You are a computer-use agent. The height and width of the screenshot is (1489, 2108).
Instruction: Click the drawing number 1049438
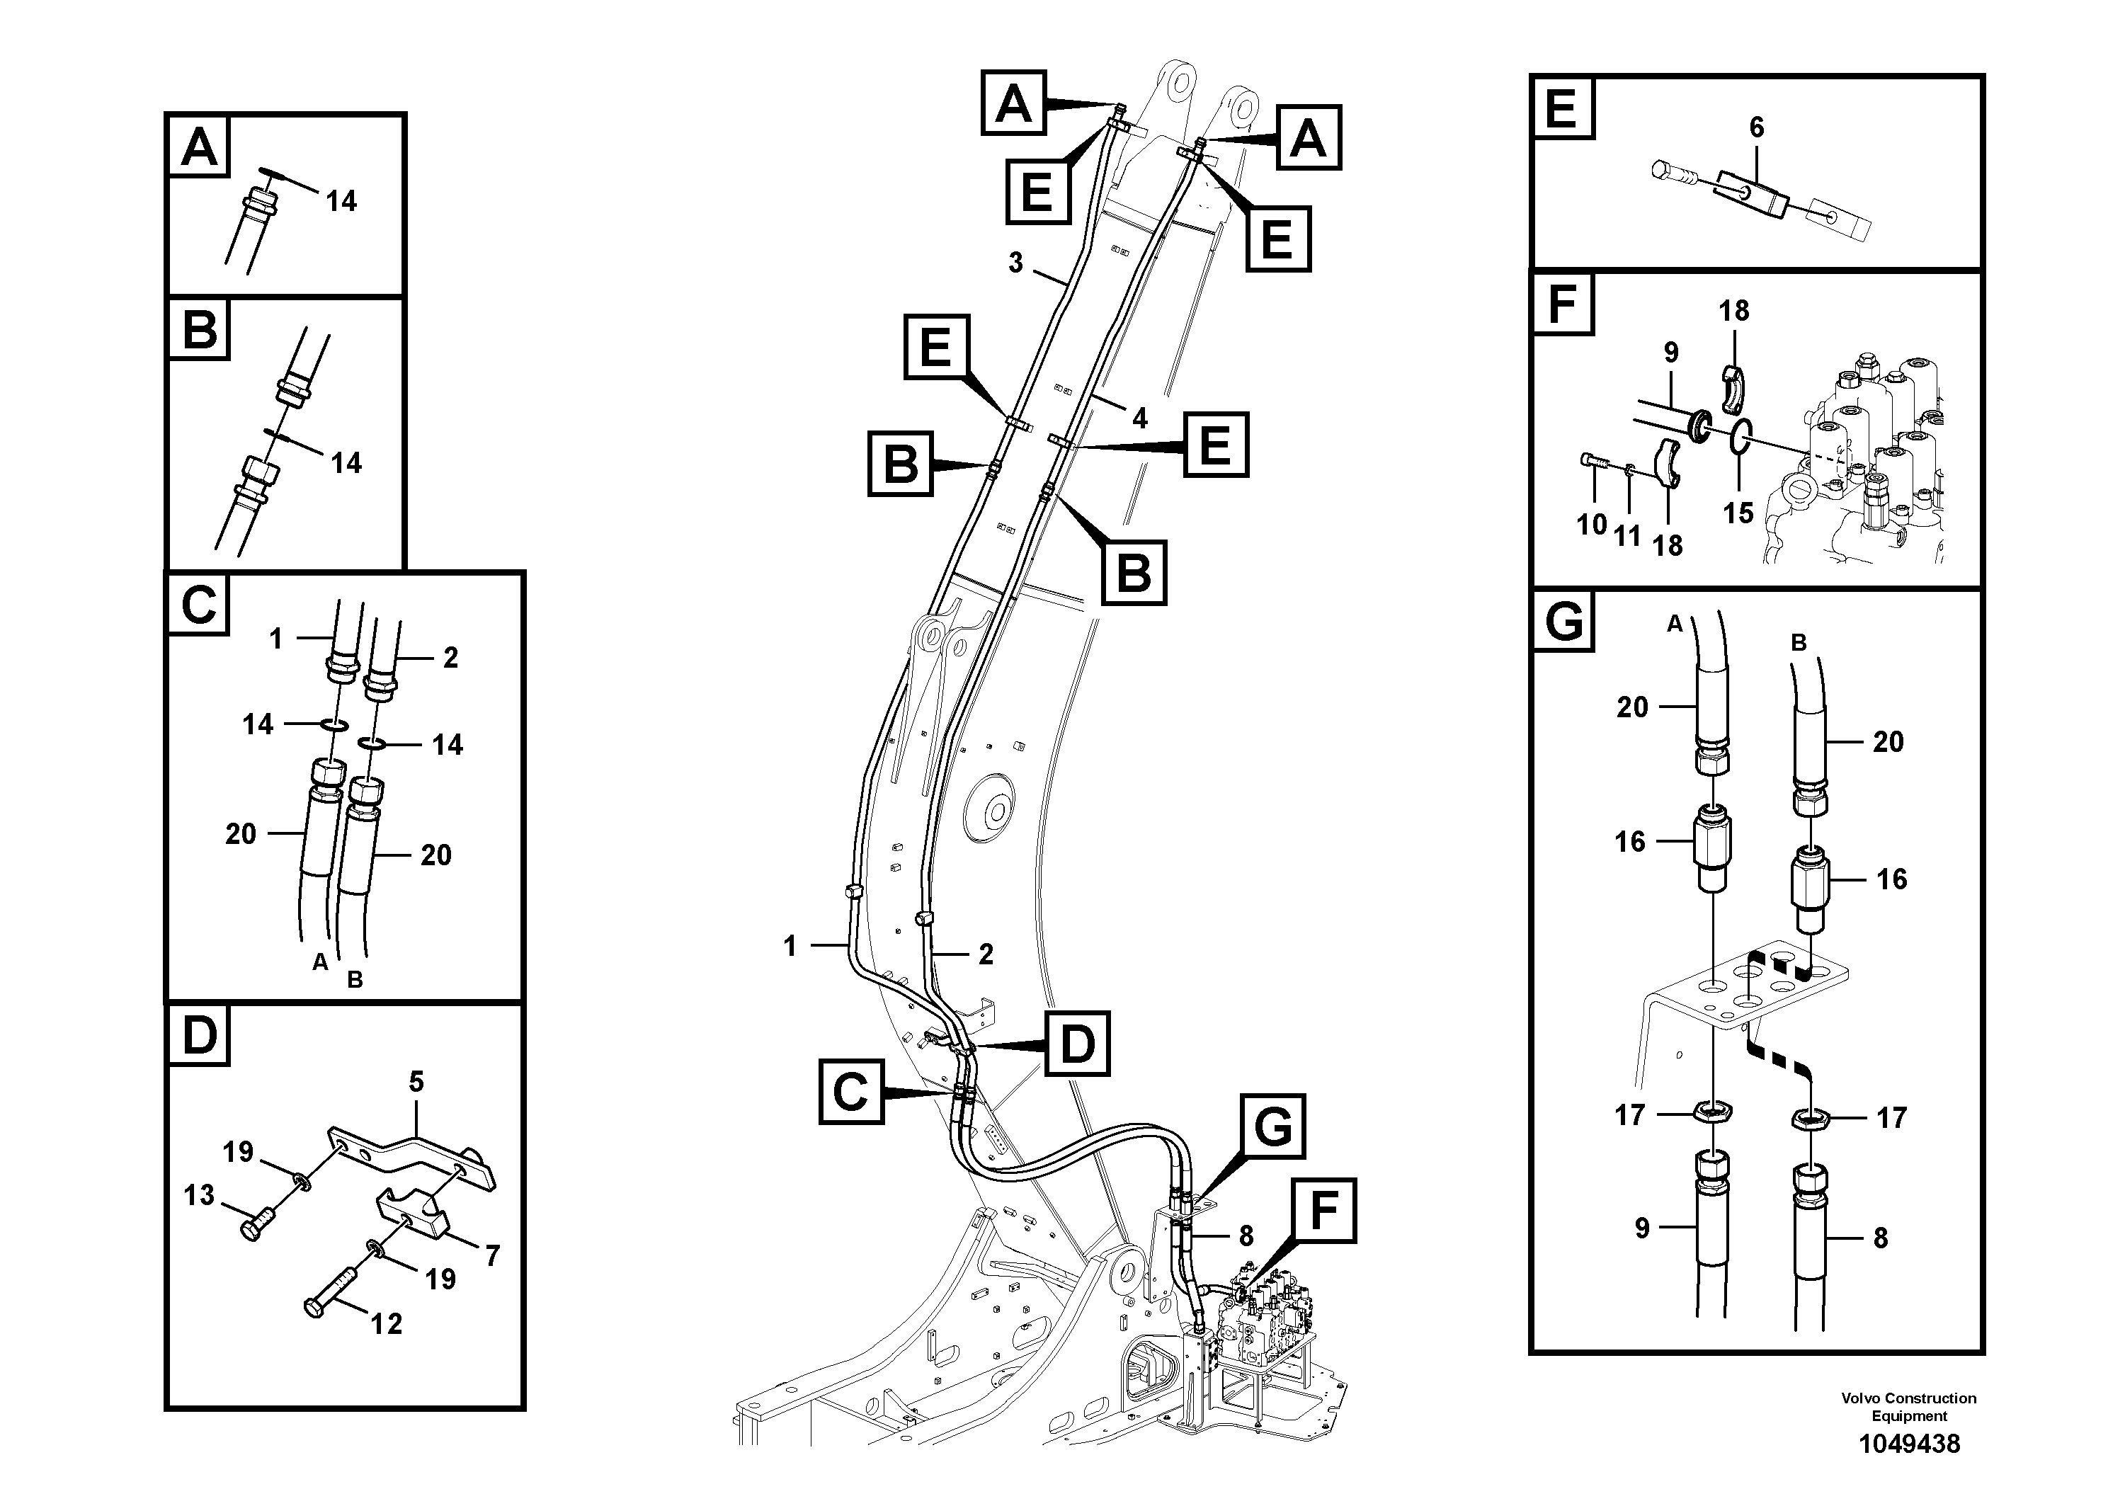[1909, 1444]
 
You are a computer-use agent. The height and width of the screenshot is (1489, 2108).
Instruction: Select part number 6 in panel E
[1755, 127]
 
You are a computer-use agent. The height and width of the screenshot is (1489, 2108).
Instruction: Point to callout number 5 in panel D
[416, 1083]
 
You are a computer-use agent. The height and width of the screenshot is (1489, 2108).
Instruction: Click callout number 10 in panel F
[1591, 525]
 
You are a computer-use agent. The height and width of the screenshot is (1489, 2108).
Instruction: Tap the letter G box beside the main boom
[1272, 1126]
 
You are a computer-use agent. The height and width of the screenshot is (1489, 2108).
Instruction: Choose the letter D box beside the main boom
[1077, 1044]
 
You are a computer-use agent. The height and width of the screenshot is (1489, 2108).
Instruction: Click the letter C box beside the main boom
[851, 1092]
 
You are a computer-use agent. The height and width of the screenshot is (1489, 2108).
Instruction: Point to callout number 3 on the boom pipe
[1015, 263]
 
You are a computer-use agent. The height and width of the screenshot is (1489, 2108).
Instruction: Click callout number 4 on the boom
[1139, 418]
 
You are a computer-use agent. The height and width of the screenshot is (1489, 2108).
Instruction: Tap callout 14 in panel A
[341, 201]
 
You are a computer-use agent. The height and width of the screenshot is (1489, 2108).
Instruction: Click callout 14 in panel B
[346, 462]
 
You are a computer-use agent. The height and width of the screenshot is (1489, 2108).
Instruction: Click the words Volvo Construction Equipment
[1909, 1406]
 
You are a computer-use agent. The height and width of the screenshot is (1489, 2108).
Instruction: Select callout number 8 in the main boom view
[1246, 1236]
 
